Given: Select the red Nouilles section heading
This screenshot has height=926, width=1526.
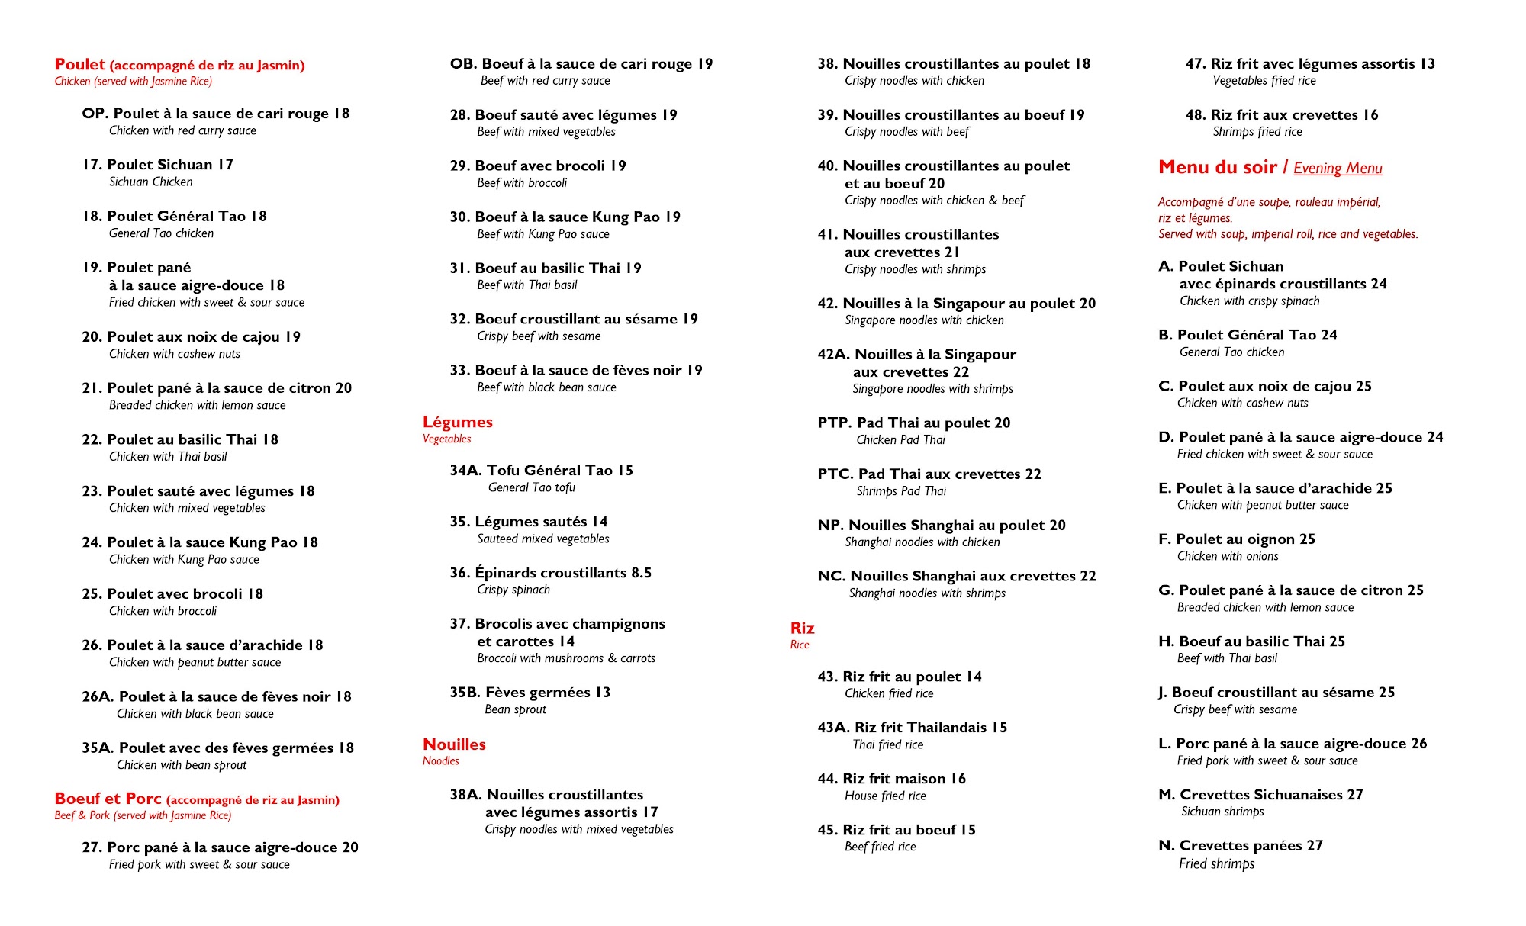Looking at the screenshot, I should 454,744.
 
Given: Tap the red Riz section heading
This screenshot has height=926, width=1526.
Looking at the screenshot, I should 802,629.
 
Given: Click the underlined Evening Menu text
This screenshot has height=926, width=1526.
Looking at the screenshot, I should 1338,169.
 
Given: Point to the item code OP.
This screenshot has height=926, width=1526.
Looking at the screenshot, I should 95,114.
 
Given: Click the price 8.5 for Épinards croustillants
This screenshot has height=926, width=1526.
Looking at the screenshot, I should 641,573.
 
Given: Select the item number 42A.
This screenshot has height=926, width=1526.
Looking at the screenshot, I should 833,355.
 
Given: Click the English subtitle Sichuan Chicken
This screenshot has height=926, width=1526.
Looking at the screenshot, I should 151,182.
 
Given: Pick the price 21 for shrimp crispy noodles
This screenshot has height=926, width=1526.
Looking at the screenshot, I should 951,252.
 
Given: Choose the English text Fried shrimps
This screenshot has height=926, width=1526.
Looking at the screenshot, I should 1216,863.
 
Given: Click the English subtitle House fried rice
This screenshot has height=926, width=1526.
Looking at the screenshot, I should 885,796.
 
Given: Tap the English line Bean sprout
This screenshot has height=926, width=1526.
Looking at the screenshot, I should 515,709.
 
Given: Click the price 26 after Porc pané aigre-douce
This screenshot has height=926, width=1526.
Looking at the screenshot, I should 1418,744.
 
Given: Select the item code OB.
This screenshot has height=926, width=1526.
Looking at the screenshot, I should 463,64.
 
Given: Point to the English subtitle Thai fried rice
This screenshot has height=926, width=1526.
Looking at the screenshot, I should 887,745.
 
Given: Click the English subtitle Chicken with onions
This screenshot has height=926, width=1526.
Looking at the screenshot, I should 1228,557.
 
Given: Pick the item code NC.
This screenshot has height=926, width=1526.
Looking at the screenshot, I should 831,577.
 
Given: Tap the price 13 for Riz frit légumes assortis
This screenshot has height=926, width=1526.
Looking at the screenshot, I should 1427,64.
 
